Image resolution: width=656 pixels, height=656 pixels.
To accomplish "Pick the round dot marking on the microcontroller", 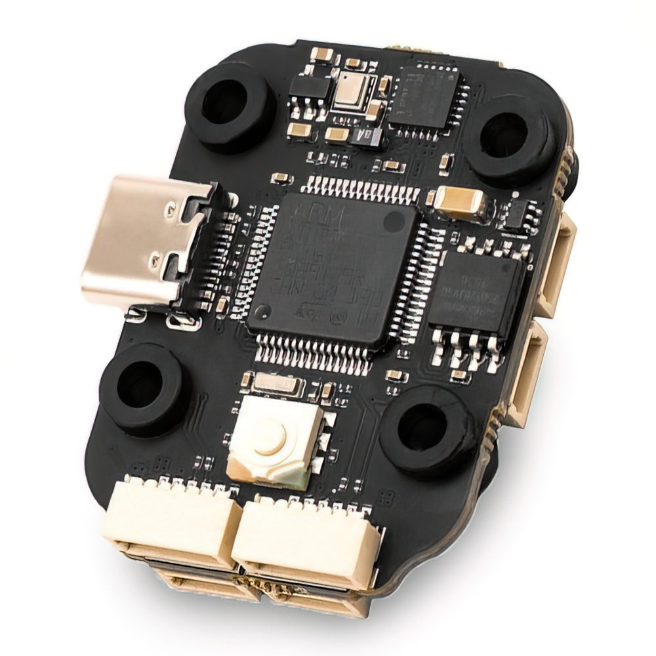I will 394,223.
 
